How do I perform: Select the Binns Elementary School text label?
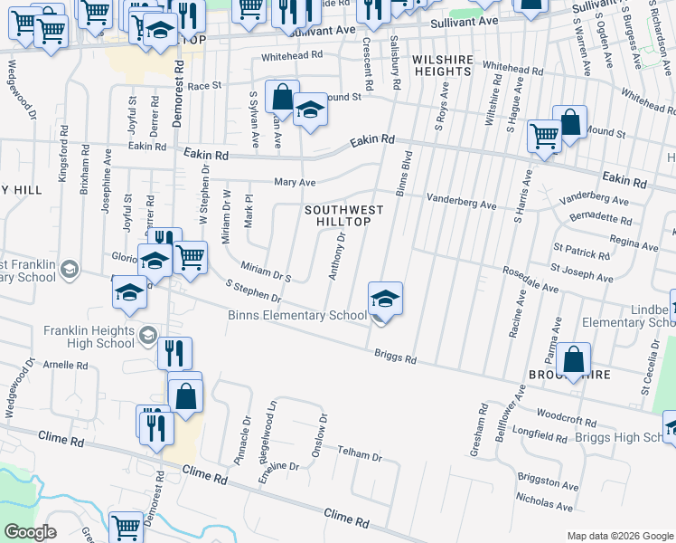coord(296,316)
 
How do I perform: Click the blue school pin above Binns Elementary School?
coord(385,299)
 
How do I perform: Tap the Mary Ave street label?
coord(294,182)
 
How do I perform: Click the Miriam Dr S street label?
coord(265,270)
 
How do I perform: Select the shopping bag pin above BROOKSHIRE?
coord(573,359)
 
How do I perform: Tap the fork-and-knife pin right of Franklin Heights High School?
coord(174,352)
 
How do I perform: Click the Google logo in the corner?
coord(31,532)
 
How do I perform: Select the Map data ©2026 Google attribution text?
coord(619,536)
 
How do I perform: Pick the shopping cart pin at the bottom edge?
coord(126,528)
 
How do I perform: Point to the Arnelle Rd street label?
coord(70,366)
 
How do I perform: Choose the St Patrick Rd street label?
coord(581,251)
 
